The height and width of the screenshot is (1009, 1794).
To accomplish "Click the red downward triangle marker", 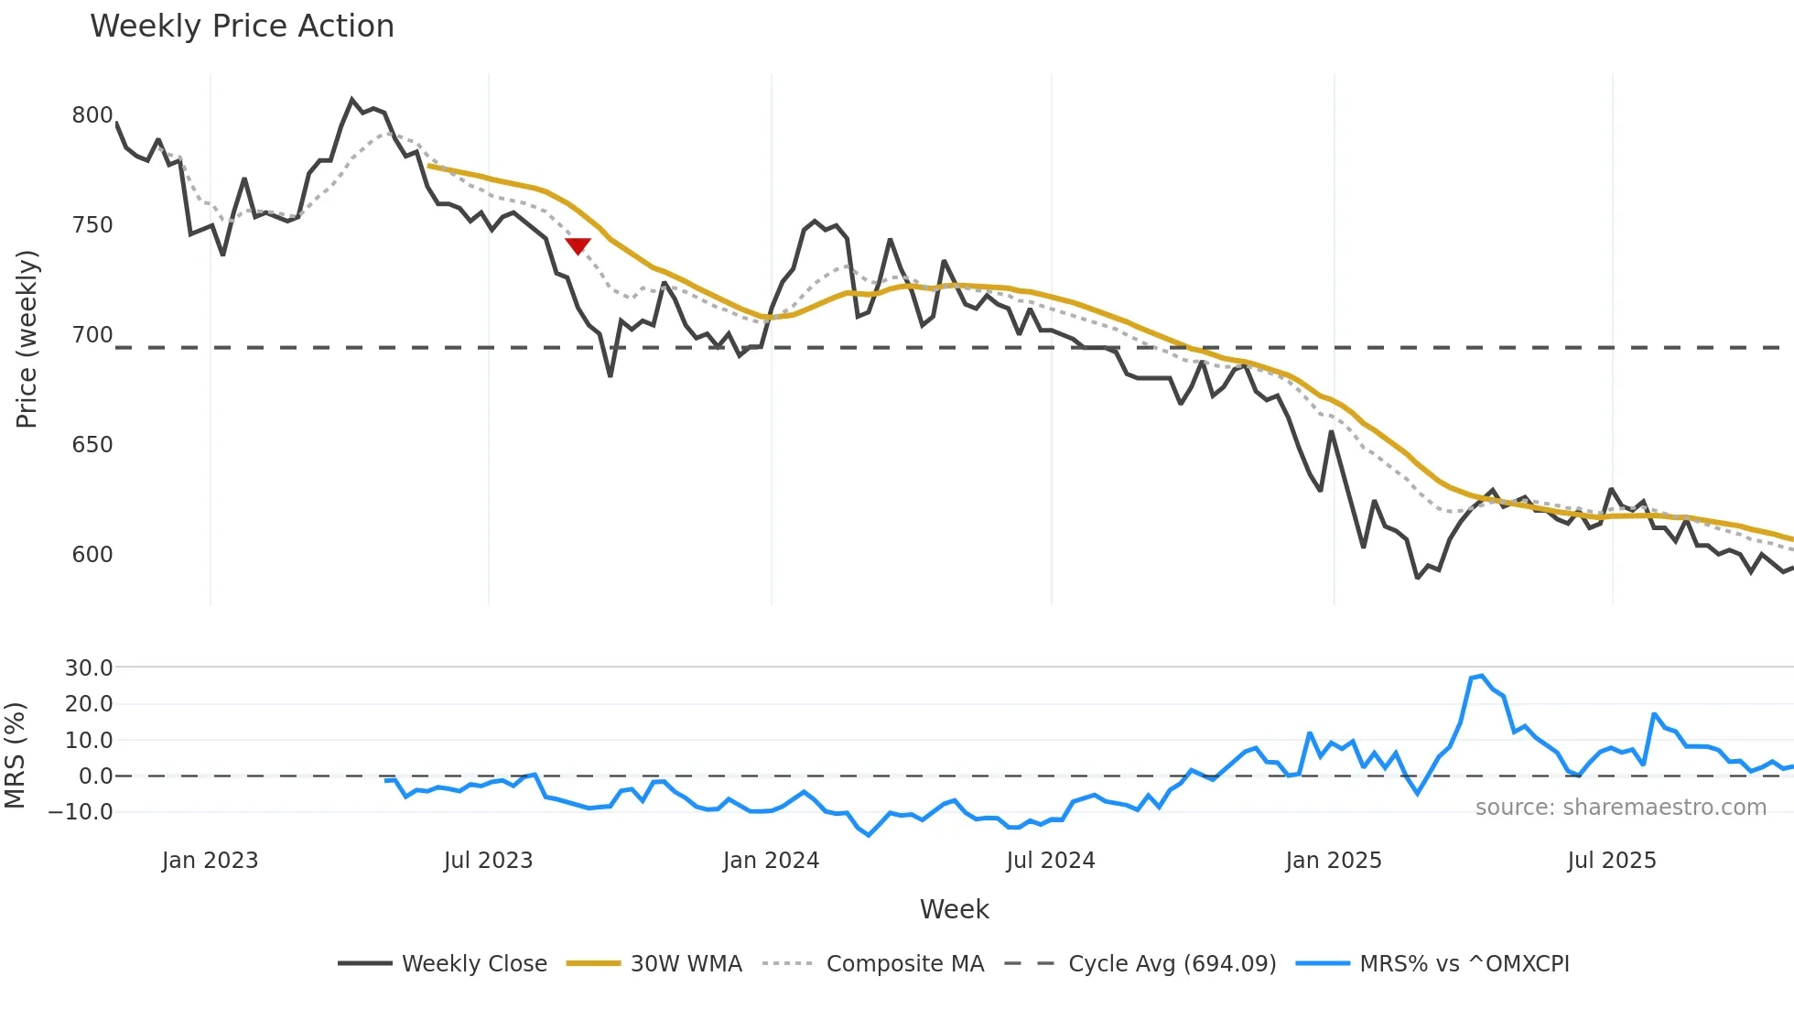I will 578,245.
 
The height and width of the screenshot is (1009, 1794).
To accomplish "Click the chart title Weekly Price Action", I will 242,27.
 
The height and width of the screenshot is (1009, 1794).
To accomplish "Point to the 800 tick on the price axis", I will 92,115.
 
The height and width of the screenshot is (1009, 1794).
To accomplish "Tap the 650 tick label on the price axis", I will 92,445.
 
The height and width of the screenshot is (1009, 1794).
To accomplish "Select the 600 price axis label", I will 92,555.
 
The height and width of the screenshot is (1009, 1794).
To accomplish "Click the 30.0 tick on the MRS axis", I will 89,667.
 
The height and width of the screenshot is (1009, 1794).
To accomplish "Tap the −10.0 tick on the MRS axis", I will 81,812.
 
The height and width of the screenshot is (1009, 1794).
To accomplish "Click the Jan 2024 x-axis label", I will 771,861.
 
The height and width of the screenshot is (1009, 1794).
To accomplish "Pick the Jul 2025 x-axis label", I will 1612,861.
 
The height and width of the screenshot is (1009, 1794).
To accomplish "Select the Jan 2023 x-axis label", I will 210,861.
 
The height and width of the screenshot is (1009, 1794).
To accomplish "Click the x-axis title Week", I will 954,909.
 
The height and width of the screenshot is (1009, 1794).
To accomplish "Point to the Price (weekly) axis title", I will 27,339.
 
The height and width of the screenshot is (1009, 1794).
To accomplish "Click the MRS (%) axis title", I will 15,755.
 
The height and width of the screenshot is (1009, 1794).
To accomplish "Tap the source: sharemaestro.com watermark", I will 1620,808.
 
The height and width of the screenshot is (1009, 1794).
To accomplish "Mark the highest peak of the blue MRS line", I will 1481,676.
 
